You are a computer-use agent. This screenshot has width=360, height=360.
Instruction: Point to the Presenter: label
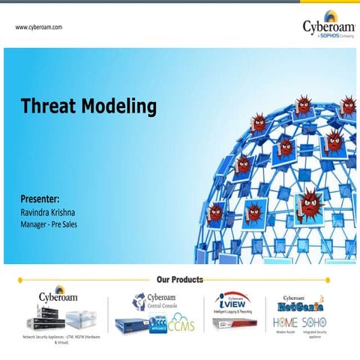point(40,199)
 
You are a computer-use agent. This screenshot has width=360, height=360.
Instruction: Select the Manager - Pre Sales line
point(49,224)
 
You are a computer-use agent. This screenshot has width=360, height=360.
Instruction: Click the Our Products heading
point(179,280)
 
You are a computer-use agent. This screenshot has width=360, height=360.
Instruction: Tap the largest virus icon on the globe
point(309,201)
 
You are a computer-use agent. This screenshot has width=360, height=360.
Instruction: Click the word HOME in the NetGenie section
point(285,321)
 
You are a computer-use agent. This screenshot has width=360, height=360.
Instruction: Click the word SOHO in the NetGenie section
point(314,321)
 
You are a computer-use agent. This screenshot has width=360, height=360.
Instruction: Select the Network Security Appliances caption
point(61,339)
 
